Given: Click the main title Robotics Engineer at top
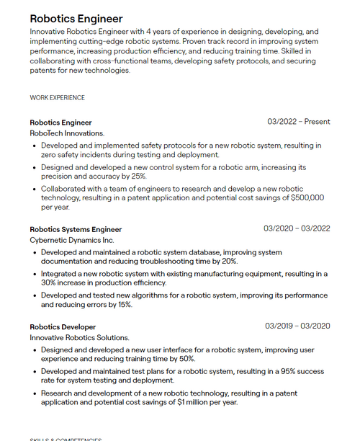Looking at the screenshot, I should (76, 19).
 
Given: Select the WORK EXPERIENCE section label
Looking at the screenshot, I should (57, 98).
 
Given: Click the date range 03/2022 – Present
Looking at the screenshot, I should (298, 122).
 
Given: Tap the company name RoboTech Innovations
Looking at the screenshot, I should (67, 133).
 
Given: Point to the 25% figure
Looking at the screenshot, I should (138, 176).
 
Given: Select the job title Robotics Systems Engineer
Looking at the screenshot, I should (76, 229).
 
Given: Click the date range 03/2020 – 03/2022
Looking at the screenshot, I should (297, 228).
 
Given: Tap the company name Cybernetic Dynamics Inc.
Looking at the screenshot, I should (72, 240).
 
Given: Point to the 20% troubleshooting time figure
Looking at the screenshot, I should (228, 261).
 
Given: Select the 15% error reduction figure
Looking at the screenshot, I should (125, 305).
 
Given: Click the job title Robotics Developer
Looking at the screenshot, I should (63, 326).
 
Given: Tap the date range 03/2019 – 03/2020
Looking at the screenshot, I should (297, 326).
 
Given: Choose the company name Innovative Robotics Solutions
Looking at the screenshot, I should (79, 337).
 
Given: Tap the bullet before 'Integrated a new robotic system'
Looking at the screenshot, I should (35, 275).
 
